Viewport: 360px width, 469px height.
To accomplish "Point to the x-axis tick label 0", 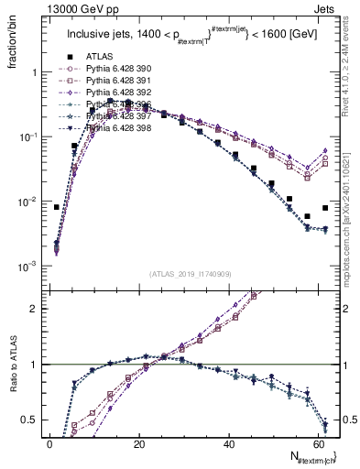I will coord(49,442).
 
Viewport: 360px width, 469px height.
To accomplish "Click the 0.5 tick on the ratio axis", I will coord(33,420).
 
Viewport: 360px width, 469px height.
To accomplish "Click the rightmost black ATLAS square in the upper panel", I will coord(325,208).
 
